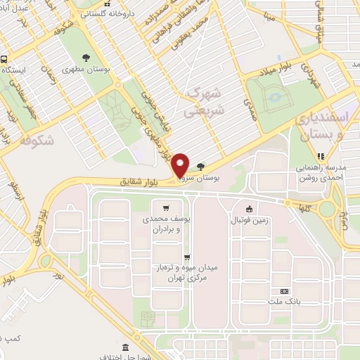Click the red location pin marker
pos(181,165)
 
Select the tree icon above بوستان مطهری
pos(86,58)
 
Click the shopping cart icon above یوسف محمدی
pos(166,207)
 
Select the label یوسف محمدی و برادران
pos(167,224)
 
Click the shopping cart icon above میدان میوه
pos(186,257)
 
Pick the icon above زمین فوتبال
pos(248,209)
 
